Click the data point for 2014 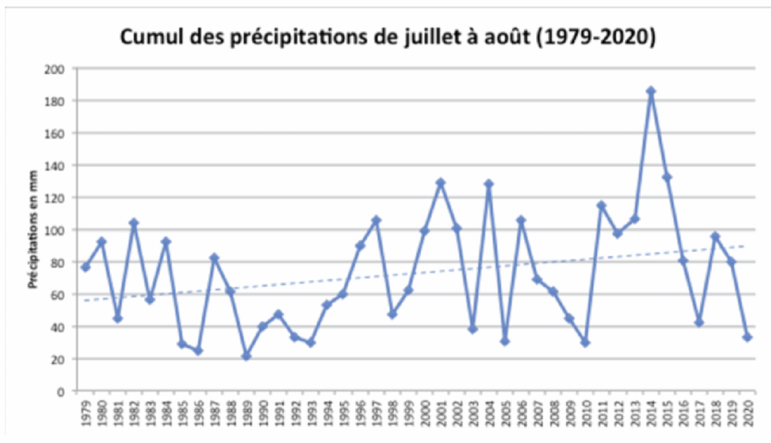(651, 91)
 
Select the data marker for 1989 (245, 356)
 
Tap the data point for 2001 (440, 182)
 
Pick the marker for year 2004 (489, 183)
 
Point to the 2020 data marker (747, 337)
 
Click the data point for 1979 (85, 267)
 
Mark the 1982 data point (133, 223)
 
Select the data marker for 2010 (585, 342)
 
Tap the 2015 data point (666, 177)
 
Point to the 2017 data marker (699, 322)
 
